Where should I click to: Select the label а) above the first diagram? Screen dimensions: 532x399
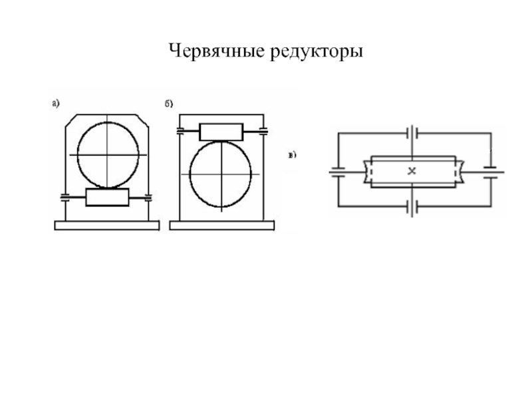click(57, 102)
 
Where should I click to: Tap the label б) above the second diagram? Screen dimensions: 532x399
click(169, 103)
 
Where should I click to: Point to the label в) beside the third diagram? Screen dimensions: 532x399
click(292, 156)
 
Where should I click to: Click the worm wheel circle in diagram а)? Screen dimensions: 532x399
click(108, 154)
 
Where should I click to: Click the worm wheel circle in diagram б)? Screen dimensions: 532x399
click(220, 174)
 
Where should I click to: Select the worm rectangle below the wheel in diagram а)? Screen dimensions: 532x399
click(107, 197)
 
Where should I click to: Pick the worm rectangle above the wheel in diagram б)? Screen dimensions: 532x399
click(221, 131)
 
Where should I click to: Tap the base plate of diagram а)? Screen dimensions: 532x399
click(106, 225)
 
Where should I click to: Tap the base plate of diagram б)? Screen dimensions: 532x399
click(221, 225)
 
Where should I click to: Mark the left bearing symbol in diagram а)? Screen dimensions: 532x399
click(65, 197)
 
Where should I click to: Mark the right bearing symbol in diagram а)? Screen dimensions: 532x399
click(148, 197)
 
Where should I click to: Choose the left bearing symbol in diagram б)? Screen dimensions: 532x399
click(180, 131)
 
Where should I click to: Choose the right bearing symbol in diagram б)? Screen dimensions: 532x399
click(263, 131)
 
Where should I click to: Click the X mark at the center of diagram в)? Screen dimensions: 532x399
click(412, 171)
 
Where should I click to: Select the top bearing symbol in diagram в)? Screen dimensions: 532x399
click(412, 133)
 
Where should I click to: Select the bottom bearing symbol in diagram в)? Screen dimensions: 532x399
click(412, 208)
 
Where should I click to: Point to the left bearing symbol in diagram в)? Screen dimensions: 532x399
click(338, 172)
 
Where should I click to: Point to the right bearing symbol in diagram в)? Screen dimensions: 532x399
click(491, 172)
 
